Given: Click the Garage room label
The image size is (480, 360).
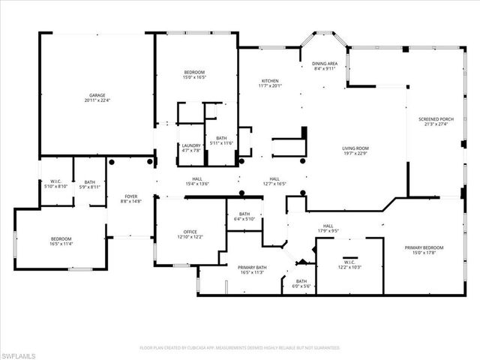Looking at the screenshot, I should [97, 95].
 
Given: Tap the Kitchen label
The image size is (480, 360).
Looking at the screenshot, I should [270, 81].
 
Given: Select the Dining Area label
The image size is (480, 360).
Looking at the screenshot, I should [325, 64].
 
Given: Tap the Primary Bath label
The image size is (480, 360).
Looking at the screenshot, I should [252, 267].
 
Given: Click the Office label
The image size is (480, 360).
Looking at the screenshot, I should [190, 232].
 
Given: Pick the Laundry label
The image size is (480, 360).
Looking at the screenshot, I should [190, 145].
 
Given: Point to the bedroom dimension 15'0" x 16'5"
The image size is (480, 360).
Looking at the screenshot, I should [195, 76].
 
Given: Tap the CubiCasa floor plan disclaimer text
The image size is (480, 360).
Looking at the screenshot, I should [240, 348].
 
